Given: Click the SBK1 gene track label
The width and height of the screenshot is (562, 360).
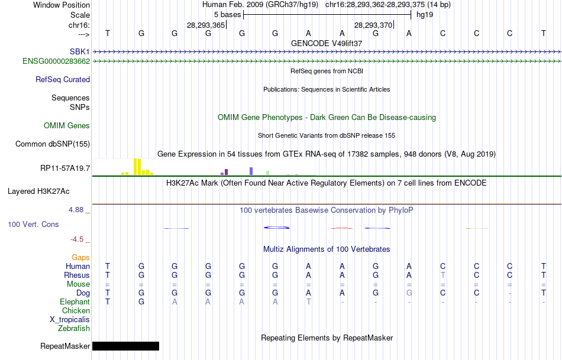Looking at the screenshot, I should (x=80, y=52).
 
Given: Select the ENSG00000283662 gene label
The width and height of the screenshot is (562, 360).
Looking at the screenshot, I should (x=56, y=61).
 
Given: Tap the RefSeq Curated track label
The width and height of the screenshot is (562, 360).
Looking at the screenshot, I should (x=63, y=79).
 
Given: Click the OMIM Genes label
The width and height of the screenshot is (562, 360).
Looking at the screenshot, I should (x=67, y=125).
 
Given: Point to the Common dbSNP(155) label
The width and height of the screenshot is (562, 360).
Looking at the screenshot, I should (x=53, y=144).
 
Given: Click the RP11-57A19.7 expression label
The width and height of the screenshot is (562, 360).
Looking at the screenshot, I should (x=65, y=168).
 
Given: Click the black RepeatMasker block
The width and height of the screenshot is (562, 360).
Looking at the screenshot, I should (x=125, y=346).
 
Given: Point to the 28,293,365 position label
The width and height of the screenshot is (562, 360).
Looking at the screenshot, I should (x=206, y=25).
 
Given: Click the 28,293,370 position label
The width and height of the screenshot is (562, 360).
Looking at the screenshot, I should (x=373, y=25).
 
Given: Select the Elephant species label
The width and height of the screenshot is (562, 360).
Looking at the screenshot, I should (x=75, y=301).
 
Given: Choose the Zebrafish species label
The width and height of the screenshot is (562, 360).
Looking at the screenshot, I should (x=74, y=328).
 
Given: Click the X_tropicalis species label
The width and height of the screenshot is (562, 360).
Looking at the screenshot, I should (x=70, y=319).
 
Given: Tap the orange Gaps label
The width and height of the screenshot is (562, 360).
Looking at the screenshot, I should (x=80, y=257).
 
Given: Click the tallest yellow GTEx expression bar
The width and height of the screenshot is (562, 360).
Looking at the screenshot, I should (x=137, y=167).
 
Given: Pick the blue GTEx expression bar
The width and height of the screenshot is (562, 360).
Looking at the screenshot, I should (x=251, y=171).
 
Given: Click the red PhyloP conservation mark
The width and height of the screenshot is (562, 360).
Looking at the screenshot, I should (x=342, y=228).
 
